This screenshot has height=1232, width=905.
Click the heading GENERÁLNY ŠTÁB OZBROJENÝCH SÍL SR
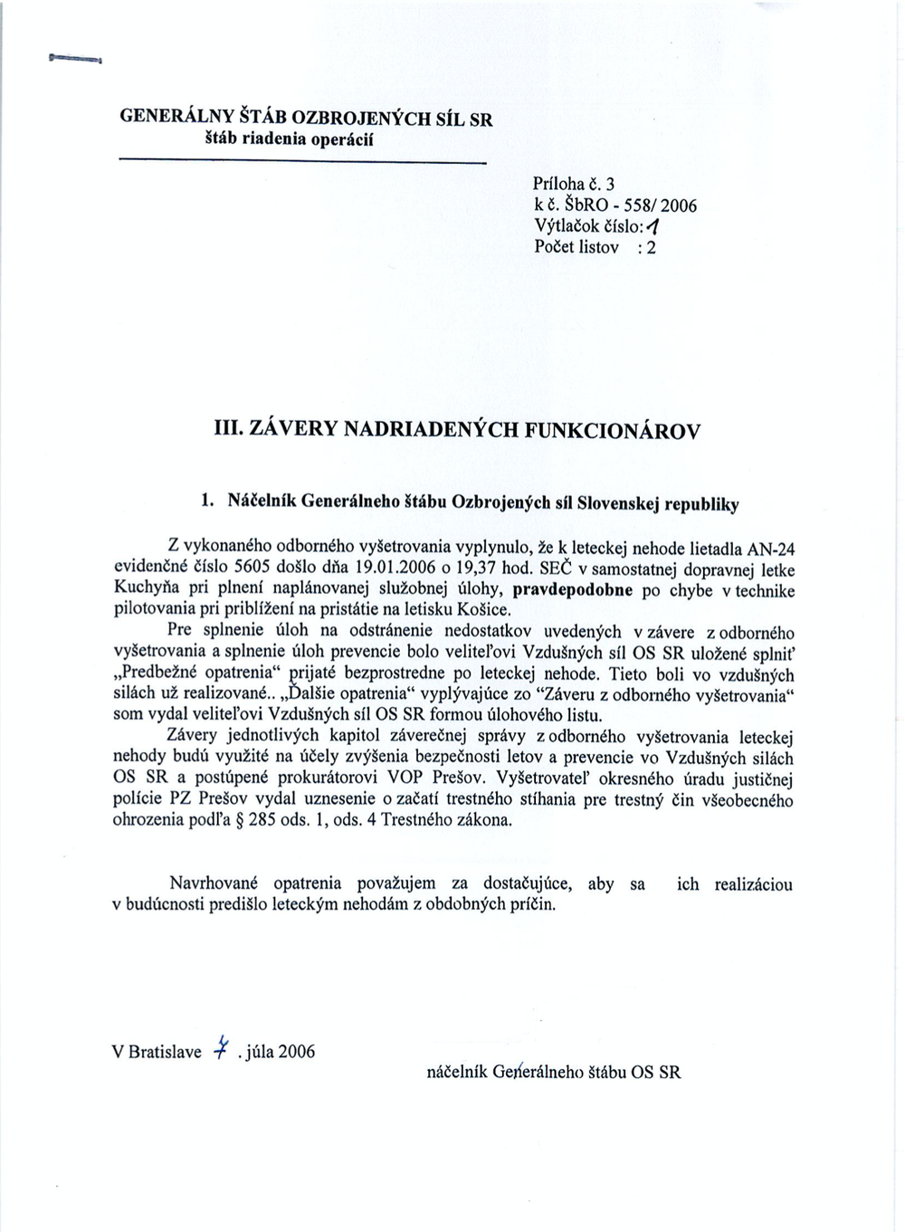pyautogui.click(x=307, y=118)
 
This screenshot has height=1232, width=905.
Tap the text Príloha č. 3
pyautogui.click(x=575, y=185)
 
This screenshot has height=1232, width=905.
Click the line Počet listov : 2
pyautogui.click(x=595, y=246)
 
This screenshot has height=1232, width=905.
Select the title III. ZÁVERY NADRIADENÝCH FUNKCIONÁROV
pyautogui.click(x=452, y=430)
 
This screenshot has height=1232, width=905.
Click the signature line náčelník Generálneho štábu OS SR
pyautogui.click(x=553, y=1073)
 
